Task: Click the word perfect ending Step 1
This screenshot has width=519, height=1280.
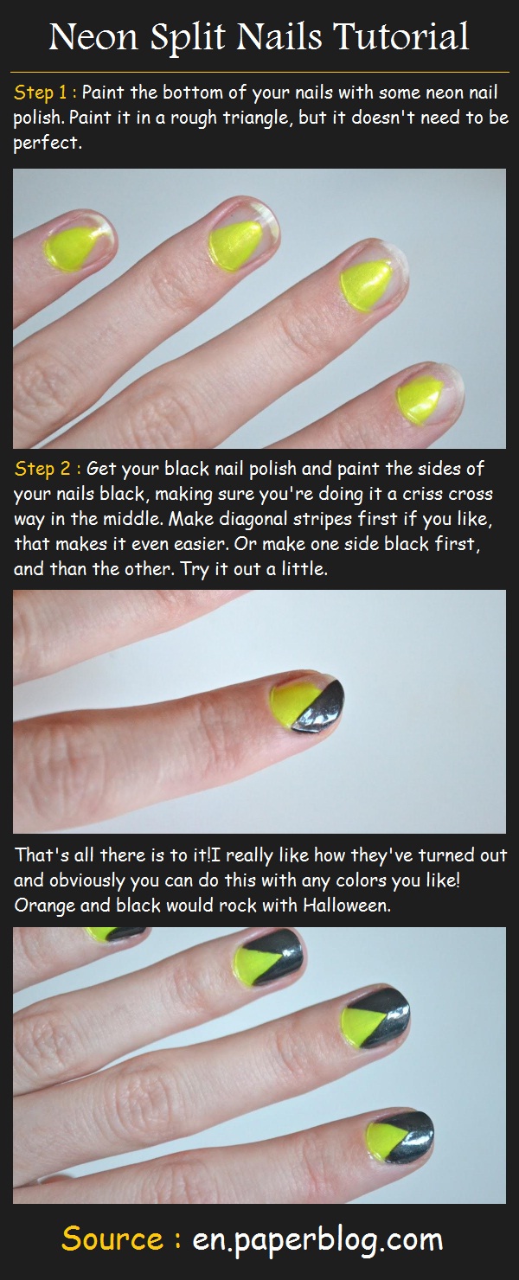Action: click(47, 144)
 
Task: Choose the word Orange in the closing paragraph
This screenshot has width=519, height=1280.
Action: click(45, 906)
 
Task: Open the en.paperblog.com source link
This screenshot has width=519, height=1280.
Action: click(317, 1239)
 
